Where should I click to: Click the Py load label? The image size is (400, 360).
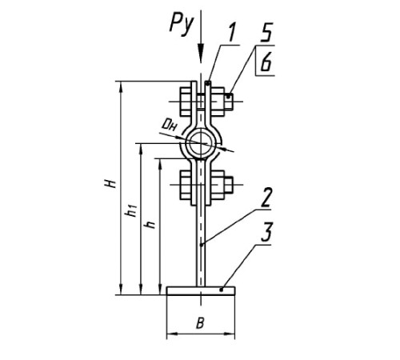pyautogui.click(x=181, y=26)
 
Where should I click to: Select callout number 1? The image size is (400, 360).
pyautogui.click(x=232, y=32)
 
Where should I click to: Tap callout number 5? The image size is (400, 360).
pyautogui.click(x=266, y=32)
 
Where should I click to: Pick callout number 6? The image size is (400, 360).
pyautogui.click(x=266, y=62)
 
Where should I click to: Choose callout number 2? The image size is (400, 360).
pyautogui.click(x=266, y=198)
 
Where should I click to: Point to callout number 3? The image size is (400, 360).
pyautogui.click(x=266, y=232)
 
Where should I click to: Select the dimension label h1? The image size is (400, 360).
pyautogui.click(x=132, y=210)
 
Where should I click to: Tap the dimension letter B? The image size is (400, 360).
pyautogui.click(x=200, y=323)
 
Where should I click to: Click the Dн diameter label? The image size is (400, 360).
pyautogui.click(x=170, y=125)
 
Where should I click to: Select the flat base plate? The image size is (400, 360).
pyautogui.click(x=201, y=290)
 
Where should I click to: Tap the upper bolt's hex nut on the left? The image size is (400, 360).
pyautogui.click(x=186, y=102)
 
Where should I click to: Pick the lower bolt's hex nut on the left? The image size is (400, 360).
pyautogui.click(x=186, y=185)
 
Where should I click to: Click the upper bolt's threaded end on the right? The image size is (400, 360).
pyautogui.click(x=228, y=102)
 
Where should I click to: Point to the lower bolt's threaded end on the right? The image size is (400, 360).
pyautogui.click(x=228, y=185)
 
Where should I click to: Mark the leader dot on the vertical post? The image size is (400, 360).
pyautogui.click(x=202, y=244)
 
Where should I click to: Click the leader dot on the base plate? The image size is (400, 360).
pyautogui.click(x=221, y=290)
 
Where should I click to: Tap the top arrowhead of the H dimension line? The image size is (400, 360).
pyautogui.click(x=121, y=86)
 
